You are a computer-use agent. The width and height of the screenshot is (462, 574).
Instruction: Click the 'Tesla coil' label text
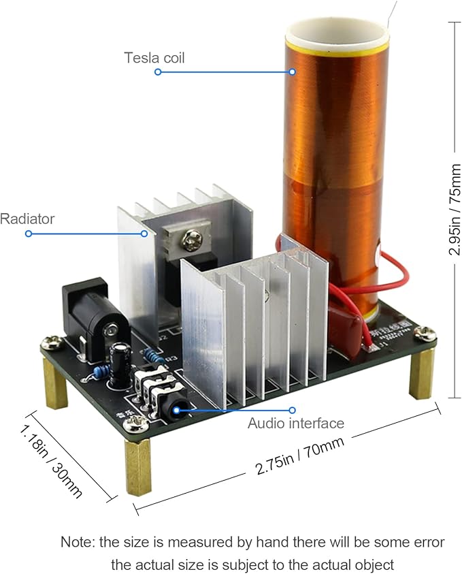(154, 57)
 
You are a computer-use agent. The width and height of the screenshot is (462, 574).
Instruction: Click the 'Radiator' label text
(27, 219)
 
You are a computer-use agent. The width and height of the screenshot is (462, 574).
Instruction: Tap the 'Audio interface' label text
(295, 424)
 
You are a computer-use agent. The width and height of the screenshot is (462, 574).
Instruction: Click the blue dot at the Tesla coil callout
(157, 71)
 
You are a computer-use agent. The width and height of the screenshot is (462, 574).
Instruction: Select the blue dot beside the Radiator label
(28, 234)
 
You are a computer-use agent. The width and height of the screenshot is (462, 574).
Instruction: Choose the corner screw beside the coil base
(425, 333)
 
